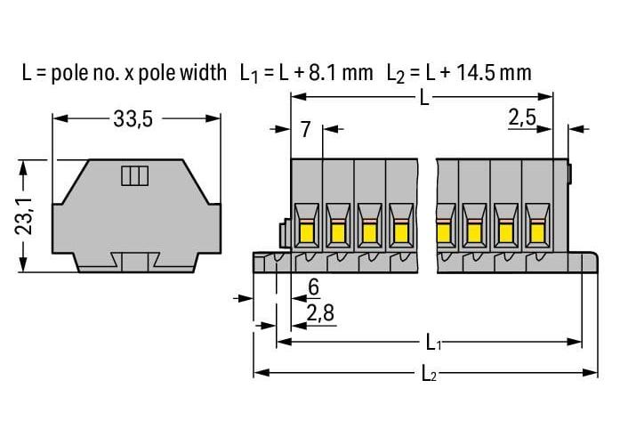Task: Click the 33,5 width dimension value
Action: pyautogui.click(x=133, y=118)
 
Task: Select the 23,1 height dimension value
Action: pyautogui.click(x=24, y=216)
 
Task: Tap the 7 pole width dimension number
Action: pyautogui.click(x=305, y=129)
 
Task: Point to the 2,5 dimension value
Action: pyautogui.click(x=522, y=117)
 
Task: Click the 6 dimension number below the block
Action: pyautogui.click(x=314, y=287)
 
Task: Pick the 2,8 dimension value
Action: pyautogui.click(x=320, y=313)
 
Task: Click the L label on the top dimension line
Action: pyautogui.click(x=424, y=97)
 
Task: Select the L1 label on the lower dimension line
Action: pyautogui.click(x=433, y=343)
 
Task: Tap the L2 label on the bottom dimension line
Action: pyautogui.click(x=429, y=373)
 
